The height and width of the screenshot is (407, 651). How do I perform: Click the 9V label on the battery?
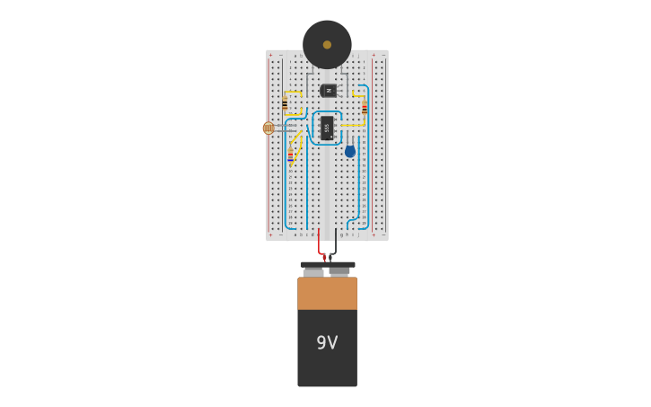pyautogui.click(x=327, y=342)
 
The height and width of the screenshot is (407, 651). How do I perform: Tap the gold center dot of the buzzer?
pyautogui.click(x=327, y=45)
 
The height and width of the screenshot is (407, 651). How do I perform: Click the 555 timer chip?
pyautogui.click(x=327, y=128)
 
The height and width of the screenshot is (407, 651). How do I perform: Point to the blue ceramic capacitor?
pyautogui.click(x=350, y=152)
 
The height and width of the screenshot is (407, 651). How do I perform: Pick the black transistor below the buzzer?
pyautogui.click(x=329, y=91)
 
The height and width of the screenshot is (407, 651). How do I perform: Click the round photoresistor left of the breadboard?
pyautogui.click(x=268, y=128)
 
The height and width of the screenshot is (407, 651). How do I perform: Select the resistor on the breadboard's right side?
pyautogui.click(x=365, y=108)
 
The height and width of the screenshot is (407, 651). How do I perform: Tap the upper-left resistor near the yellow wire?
pyautogui.click(x=285, y=104)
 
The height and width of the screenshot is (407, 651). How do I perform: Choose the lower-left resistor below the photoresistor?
pyautogui.click(x=290, y=155)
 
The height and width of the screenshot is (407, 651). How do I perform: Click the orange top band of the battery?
pyautogui.click(x=327, y=293)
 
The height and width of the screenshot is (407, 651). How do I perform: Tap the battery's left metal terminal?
pyautogui.click(x=312, y=272)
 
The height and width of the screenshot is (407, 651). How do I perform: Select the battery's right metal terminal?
pyautogui.click(x=339, y=271)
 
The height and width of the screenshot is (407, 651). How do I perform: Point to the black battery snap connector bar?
pyautogui.click(x=327, y=265)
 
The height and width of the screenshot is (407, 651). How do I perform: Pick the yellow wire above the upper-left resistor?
pyautogui.click(x=292, y=92)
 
